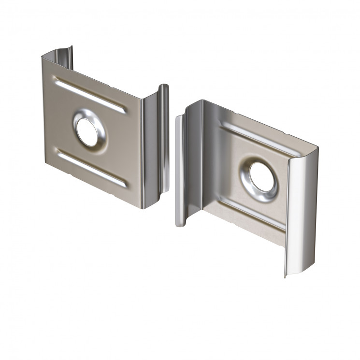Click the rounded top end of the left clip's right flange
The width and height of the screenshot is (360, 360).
[164, 87]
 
